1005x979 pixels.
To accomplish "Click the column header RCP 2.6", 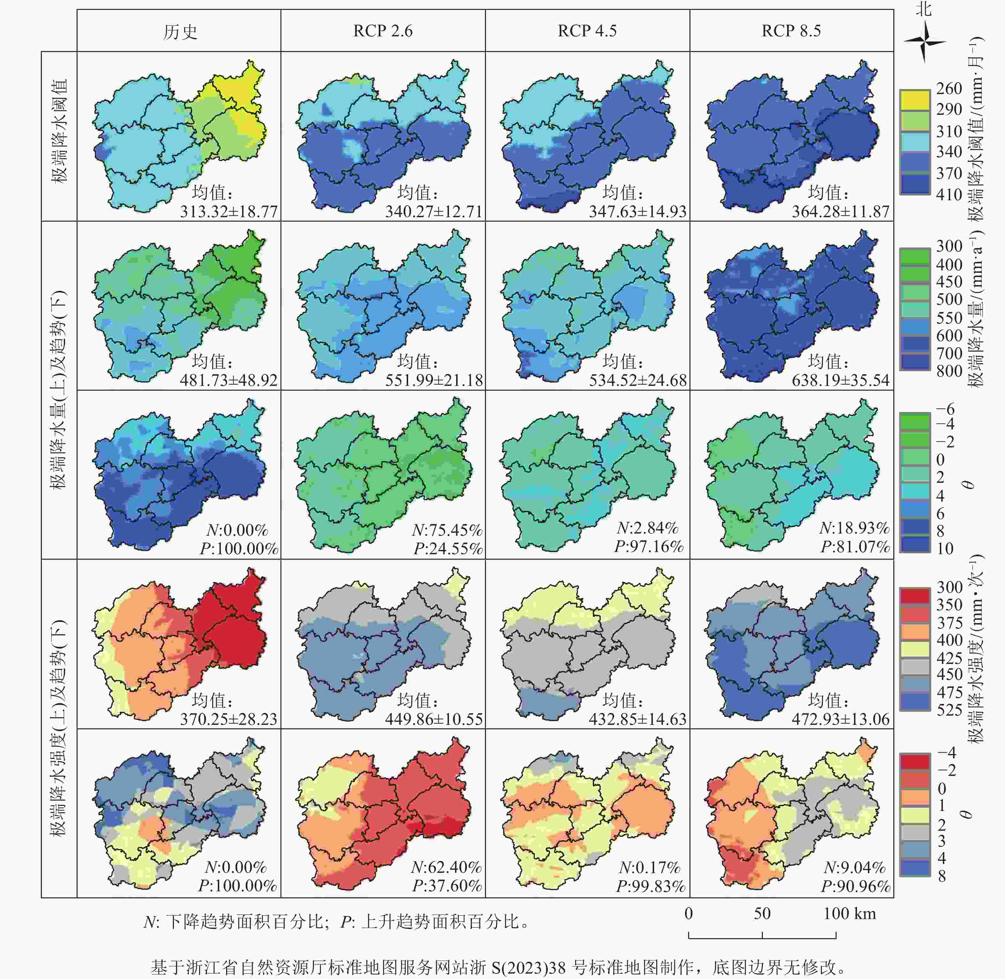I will click(x=383, y=31).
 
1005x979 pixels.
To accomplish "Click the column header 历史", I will click(x=180, y=32).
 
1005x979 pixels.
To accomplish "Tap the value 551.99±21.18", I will click(x=434, y=380).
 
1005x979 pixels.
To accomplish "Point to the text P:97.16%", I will click(x=649, y=547).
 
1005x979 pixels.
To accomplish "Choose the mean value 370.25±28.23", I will click(x=228, y=719).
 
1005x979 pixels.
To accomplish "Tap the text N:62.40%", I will click(x=446, y=867).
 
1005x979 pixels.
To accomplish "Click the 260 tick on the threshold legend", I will click(x=949, y=88).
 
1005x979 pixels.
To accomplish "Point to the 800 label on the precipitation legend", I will click(x=949, y=371).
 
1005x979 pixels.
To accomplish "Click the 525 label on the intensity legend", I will click(x=949, y=710).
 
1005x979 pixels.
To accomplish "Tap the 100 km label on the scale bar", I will click(x=849, y=913).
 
